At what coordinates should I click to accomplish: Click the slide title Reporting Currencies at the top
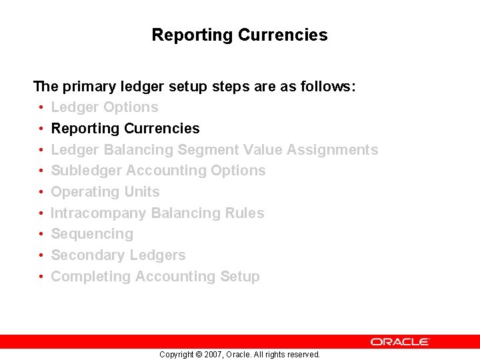tap(239, 35)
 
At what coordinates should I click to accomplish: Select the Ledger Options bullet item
tap(105, 107)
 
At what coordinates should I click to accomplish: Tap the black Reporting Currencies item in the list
tap(125, 129)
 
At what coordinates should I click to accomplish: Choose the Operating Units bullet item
tap(105, 192)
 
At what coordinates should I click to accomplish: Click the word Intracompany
tap(99, 213)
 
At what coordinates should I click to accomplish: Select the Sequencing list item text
tap(92, 234)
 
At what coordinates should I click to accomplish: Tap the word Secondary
tap(84, 255)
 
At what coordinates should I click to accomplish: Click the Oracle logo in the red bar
tap(400, 341)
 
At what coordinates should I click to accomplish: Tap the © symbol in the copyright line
tap(198, 355)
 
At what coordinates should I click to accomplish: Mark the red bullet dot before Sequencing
tap(41, 234)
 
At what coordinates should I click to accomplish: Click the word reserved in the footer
tap(303, 355)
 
